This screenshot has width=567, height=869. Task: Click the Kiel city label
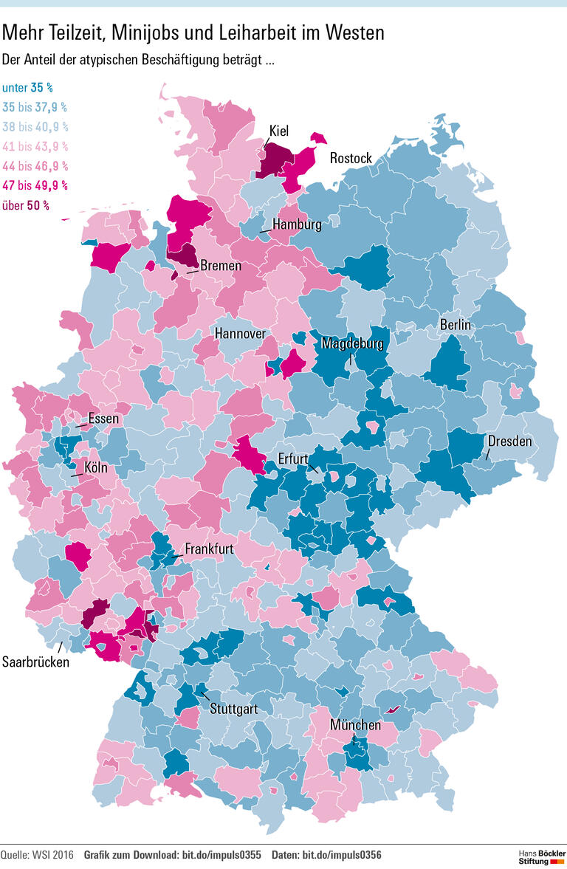coord(278,131)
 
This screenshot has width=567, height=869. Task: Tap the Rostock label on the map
coord(351,158)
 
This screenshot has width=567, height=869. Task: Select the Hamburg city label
coord(297,224)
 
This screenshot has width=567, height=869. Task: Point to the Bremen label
coord(221,265)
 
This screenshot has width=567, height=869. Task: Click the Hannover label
coord(240,334)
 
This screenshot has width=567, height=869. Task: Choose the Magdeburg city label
coord(352,344)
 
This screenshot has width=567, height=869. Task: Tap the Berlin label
coord(456,324)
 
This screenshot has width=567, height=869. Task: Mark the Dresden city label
coord(509,441)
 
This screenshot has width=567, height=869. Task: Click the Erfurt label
coord(293,458)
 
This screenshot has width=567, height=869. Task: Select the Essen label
coord(103,419)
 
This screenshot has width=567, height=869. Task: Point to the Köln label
coord(96,467)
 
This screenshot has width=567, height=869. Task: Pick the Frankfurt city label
coord(210,549)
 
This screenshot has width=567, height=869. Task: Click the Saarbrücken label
coord(36,662)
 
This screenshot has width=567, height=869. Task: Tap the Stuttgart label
coord(233,710)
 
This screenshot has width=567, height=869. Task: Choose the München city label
coord(355,725)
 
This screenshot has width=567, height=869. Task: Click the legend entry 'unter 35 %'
coord(27,87)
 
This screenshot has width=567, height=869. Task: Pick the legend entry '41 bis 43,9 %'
coord(35,146)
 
